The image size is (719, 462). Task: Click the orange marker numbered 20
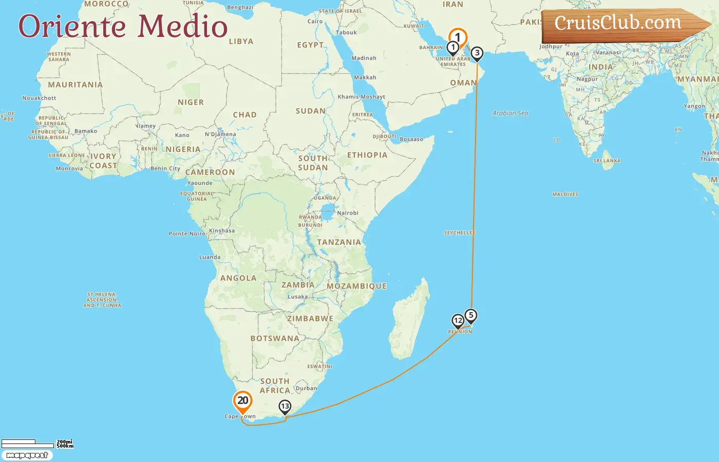242,401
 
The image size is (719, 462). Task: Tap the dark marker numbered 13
285,407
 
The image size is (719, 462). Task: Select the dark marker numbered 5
471,315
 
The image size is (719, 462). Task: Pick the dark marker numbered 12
458,321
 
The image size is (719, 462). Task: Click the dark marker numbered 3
477,53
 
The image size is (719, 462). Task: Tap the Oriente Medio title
123,26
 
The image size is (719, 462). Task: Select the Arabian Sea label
510,113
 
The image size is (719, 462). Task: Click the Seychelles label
459,233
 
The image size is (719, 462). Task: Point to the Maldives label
565,195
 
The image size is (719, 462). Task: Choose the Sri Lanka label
607,161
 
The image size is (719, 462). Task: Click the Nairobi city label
348,213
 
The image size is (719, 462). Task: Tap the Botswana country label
275,339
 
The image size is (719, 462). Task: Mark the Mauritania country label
75,85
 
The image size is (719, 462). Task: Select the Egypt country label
310,45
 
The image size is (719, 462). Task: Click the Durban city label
306,388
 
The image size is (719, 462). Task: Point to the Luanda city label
210,257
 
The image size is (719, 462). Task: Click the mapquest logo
27,455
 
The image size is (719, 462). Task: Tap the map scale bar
28,444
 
